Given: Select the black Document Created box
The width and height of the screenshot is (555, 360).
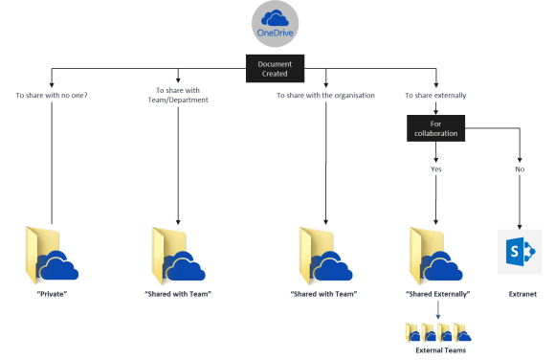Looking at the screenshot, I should coord(276,68).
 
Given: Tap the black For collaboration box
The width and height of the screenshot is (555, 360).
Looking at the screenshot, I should coord(436,129).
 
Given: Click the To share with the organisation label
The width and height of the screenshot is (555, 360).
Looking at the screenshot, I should coord(325,96).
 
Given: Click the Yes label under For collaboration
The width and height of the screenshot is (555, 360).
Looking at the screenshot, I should coord(436,169).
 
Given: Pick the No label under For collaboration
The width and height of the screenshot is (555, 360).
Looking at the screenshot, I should coord(520,169).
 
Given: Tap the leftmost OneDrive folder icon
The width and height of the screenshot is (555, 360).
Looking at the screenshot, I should coord(52,254).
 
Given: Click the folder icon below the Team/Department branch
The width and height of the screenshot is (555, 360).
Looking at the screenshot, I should coord(178,255).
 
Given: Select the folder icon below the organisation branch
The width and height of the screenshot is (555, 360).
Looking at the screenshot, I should coord(325,255).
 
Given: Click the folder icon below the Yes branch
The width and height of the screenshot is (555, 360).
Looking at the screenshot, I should coord(436,255).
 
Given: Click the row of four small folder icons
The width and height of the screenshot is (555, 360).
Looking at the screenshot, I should coord(436,333).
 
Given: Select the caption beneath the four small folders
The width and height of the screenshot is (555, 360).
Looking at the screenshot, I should coord(436,351).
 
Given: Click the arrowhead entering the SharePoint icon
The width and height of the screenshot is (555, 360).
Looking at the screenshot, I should coord(520,223).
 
